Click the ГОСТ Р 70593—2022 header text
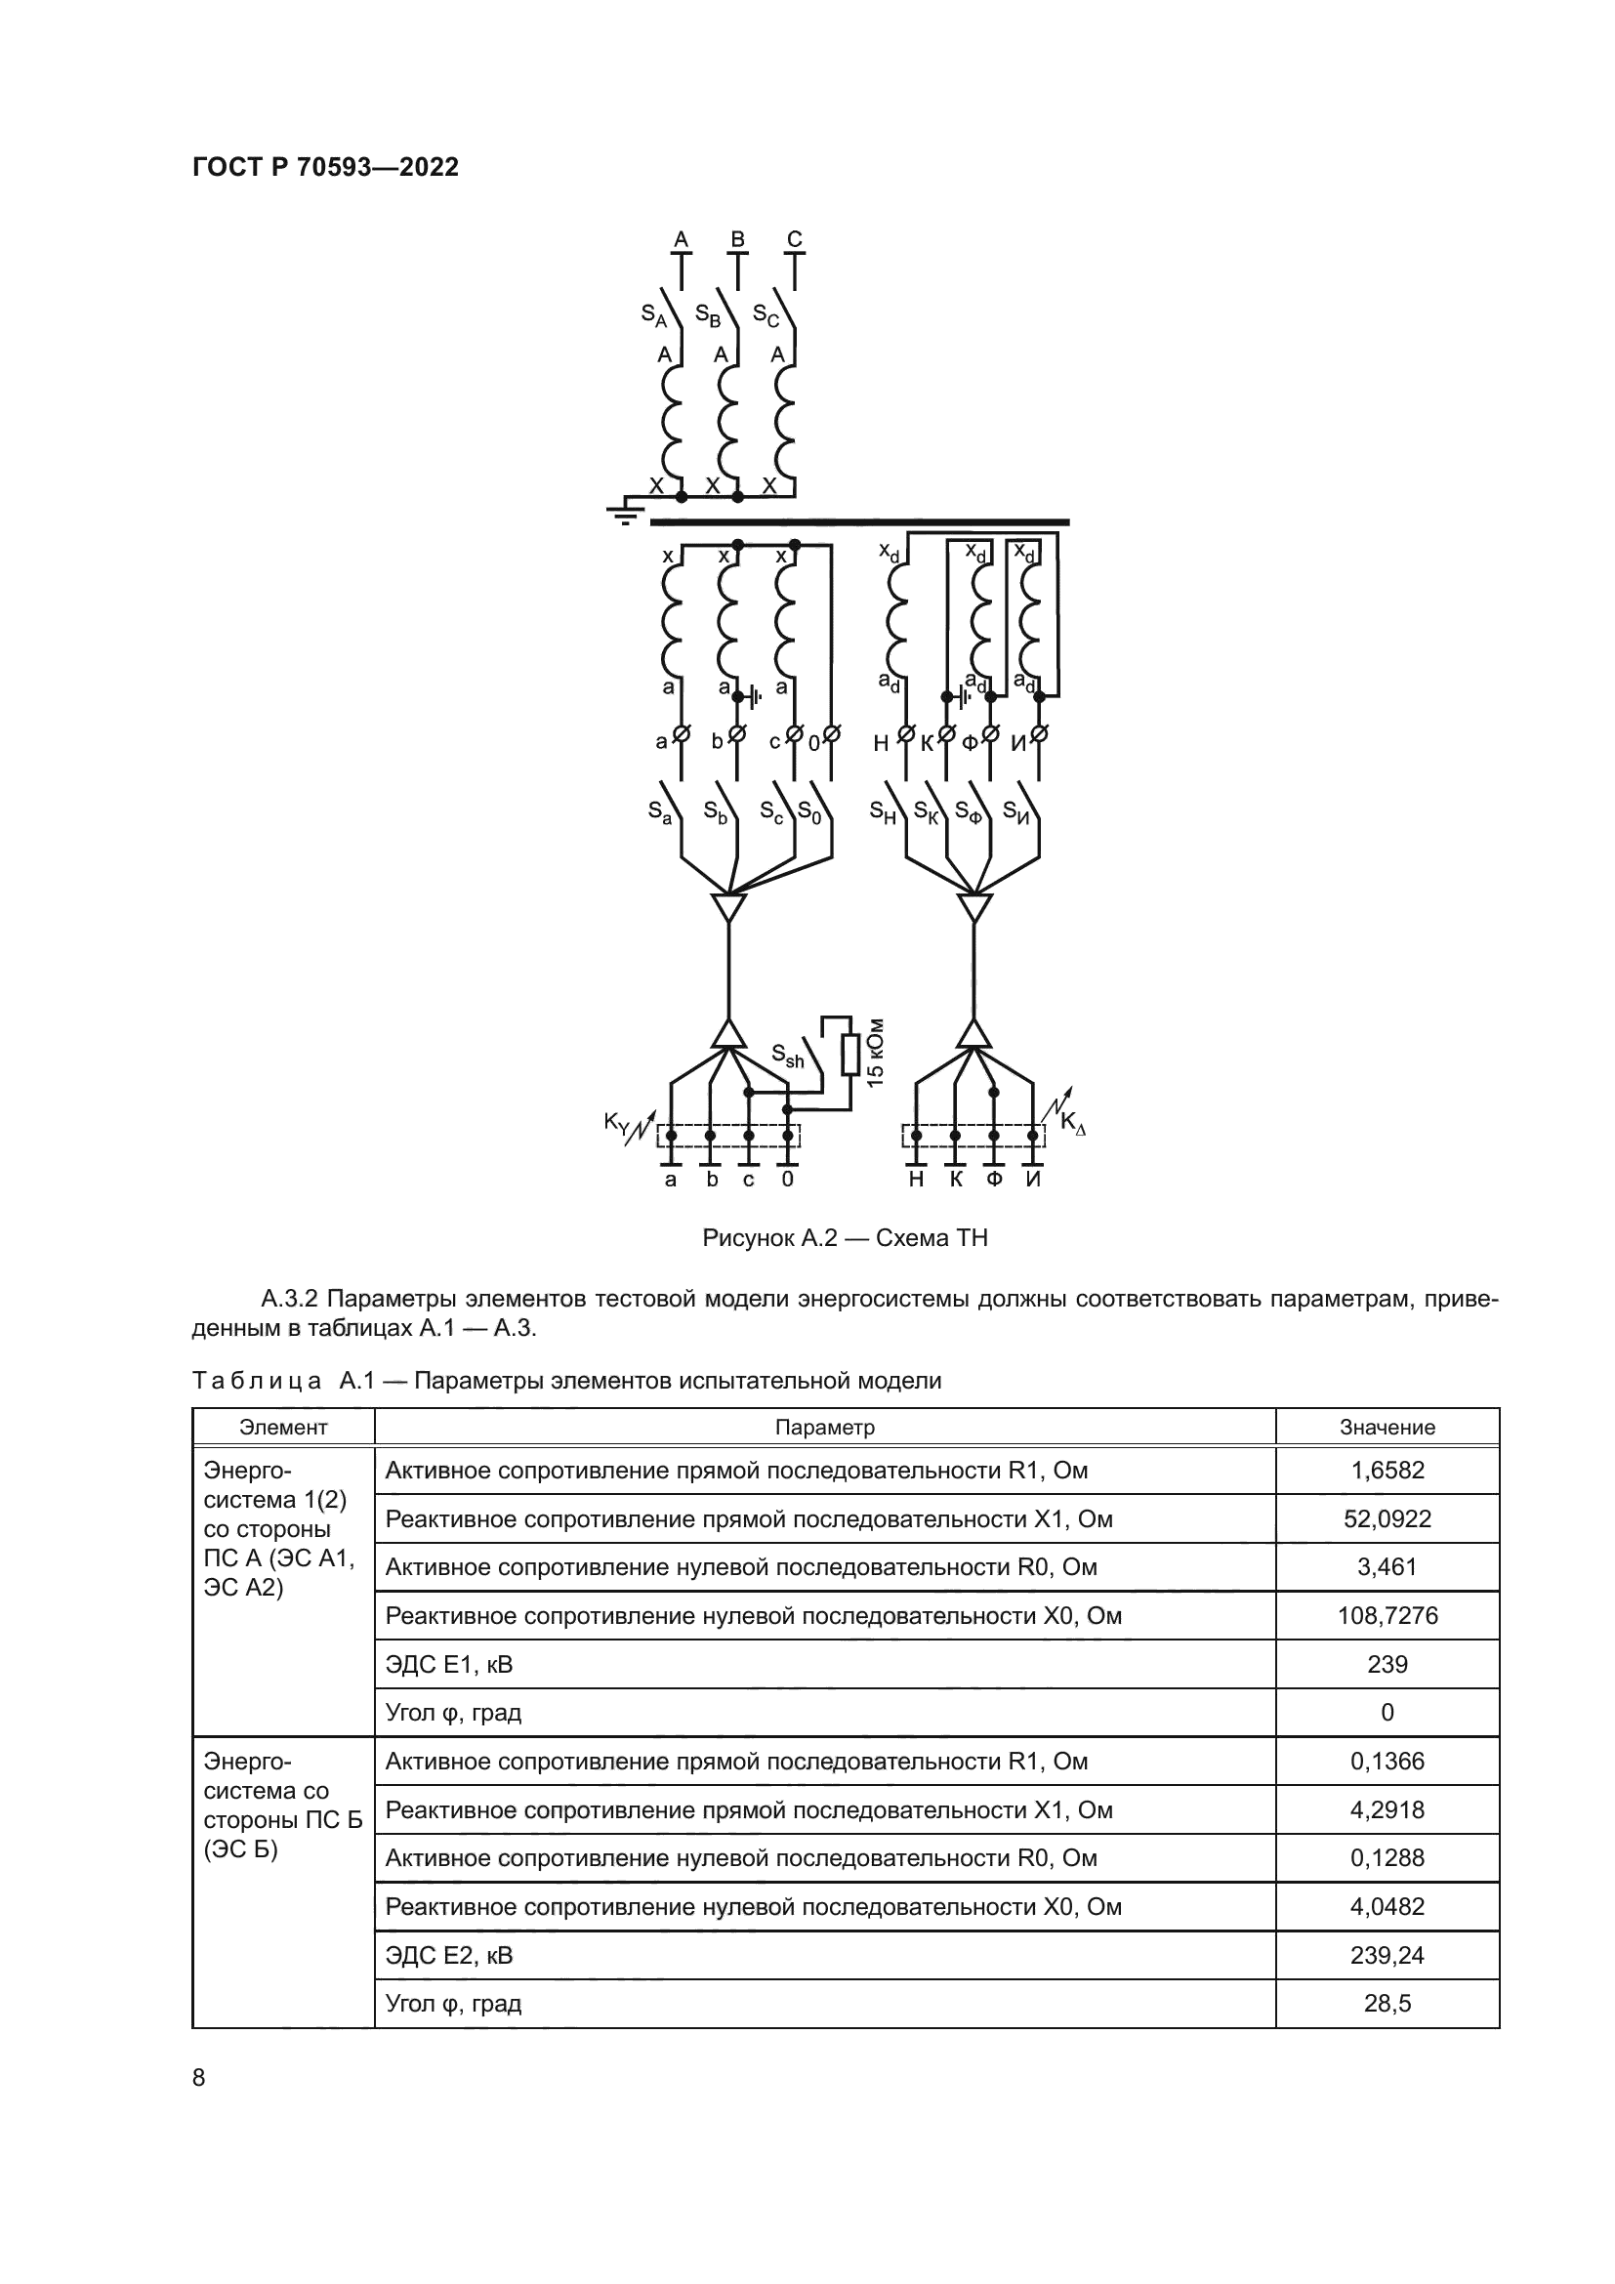325,167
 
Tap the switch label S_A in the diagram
653,316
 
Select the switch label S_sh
788,1056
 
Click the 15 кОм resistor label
875,1052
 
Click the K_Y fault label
617,1123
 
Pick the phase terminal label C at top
795,238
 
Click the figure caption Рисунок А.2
845,1237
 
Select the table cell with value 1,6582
1387,1470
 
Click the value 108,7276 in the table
1387,1615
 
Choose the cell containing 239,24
1387,1955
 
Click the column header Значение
1387,1427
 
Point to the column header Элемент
283,1427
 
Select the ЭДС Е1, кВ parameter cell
449,1664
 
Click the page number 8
199,2077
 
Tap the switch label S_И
1015,811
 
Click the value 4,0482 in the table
1387,1906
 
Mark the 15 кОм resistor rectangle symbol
850,1055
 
